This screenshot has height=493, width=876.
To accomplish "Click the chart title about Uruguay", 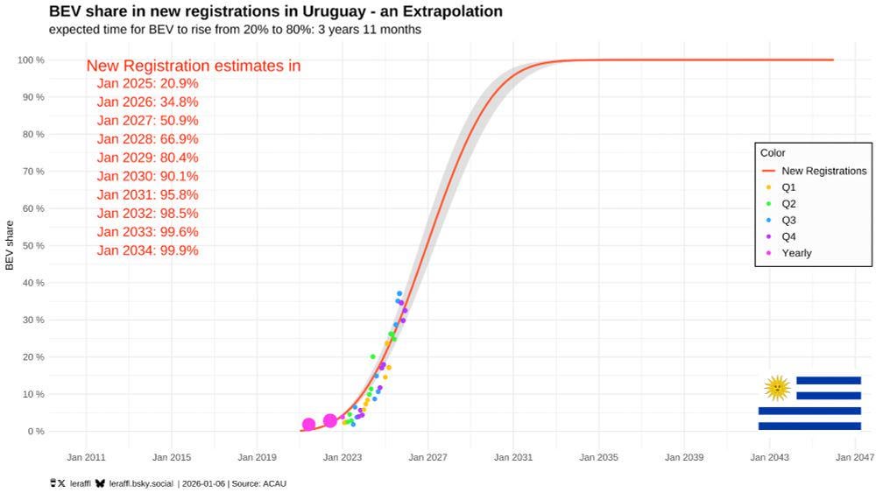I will tap(276, 11).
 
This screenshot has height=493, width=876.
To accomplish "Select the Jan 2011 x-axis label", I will tap(86, 457).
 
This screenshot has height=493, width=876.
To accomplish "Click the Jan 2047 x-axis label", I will tap(853, 457).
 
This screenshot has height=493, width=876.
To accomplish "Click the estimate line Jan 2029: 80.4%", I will tap(147, 158).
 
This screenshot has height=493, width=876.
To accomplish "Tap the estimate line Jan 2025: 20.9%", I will tap(147, 84).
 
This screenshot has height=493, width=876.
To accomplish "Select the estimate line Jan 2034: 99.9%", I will tap(147, 250).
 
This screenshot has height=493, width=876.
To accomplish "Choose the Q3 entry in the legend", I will tap(788, 220).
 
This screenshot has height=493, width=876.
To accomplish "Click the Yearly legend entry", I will tap(796, 253).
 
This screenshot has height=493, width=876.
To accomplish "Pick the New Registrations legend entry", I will tap(823, 171).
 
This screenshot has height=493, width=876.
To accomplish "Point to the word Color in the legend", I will tap(773, 153).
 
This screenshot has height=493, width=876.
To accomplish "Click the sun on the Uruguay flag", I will tap(777, 387).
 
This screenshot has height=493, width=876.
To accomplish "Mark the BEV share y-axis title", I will tap(10, 245).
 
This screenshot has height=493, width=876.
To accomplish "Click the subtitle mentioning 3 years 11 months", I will tap(235, 29).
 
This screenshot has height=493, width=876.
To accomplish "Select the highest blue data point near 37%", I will tap(399, 293).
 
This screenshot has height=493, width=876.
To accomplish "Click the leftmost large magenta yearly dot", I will tap(308, 425).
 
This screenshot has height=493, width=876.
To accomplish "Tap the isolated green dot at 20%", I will tap(373, 357).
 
